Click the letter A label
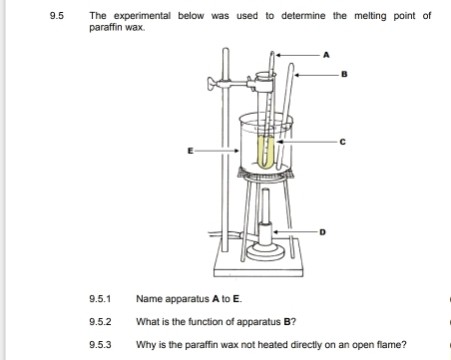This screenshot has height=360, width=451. tap(326, 55)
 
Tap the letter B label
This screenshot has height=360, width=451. tap(344, 74)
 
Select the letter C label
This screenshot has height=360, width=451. tap(343, 142)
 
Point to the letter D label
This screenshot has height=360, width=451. tap(322, 232)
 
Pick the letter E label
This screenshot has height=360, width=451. tap(191, 151)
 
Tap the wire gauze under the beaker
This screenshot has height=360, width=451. tap(265, 173)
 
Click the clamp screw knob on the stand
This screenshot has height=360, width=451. tap(212, 83)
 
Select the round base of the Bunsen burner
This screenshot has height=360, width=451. tap(265, 252)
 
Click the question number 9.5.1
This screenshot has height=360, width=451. tap(100, 299)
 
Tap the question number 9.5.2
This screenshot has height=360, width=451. tap(100, 322)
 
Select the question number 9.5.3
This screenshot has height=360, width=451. tap(100, 345)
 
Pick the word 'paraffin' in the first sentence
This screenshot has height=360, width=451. tap(106, 27)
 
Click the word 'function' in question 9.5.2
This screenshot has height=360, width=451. tap(206, 322)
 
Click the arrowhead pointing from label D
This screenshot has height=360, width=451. tap(275, 232)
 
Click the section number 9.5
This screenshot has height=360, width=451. tap(57, 16)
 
